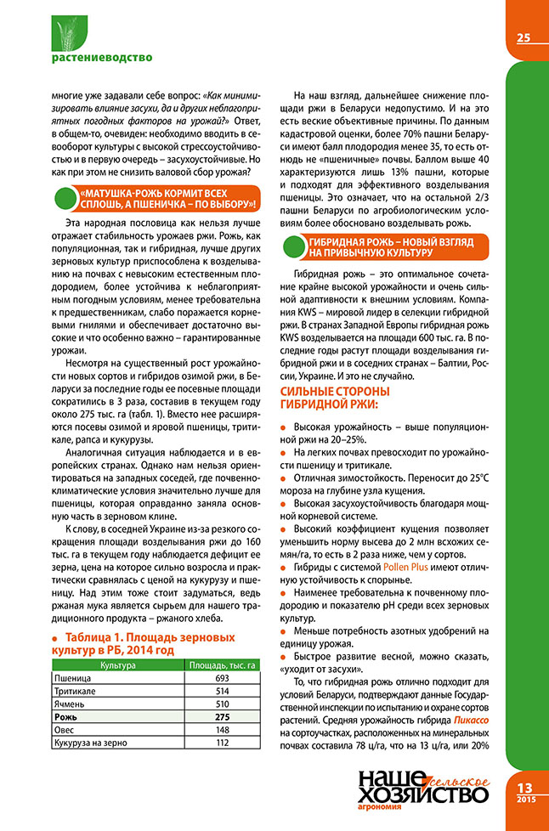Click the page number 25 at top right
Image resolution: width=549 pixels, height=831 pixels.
point(523,37)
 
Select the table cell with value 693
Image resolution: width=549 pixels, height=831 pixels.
point(223,680)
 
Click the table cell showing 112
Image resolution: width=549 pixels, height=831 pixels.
point(223,743)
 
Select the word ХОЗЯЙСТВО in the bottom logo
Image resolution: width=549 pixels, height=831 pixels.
point(423,795)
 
